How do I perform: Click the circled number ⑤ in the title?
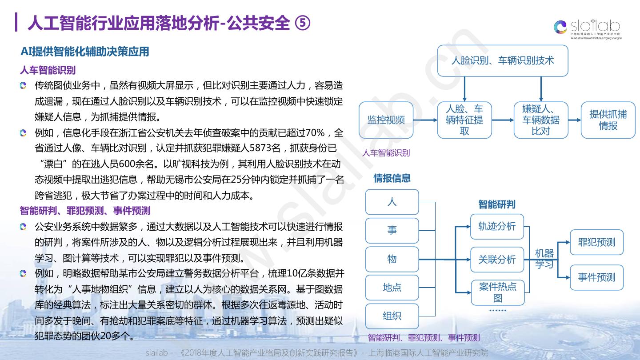(x=303, y=24)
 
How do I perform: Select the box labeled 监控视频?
(x=386, y=120)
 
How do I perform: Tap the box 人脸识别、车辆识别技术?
(x=503, y=60)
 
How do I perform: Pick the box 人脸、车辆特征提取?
(x=464, y=120)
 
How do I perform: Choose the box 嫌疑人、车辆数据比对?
(x=540, y=120)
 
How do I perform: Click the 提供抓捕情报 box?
(x=608, y=120)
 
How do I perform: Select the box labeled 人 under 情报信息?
(x=392, y=202)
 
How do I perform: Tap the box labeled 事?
(x=392, y=230)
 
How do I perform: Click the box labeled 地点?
(x=392, y=288)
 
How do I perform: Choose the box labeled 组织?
(x=392, y=316)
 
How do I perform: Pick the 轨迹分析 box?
(x=497, y=226)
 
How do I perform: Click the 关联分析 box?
(x=497, y=260)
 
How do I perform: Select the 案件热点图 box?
(x=497, y=292)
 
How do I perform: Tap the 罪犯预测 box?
(x=596, y=242)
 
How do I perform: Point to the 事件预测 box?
(x=596, y=277)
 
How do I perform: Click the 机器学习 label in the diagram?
(x=544, y=259)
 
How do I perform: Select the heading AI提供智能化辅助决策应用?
(x=84, y=52)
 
